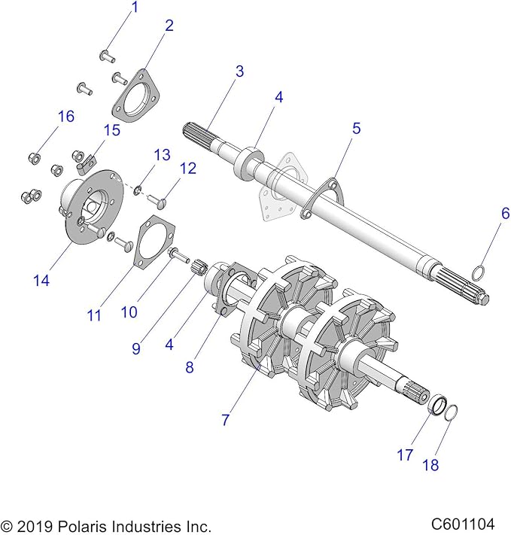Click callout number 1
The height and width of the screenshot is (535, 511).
pos(135,8)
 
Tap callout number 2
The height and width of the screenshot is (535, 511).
pos(169,26)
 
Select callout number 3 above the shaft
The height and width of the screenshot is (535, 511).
pos(239,72)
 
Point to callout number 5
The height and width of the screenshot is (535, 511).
pos(357,129)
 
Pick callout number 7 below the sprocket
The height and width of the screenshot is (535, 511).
pos(225,420)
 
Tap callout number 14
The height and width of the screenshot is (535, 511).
pos(41,281)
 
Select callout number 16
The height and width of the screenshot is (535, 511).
pos(66,116)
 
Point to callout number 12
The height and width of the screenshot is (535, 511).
pos(187,169)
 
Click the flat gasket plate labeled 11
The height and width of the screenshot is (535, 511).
pos(154,240)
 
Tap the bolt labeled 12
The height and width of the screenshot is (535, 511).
pos(161,200)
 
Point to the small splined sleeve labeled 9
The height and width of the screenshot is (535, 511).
pos(199,266)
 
